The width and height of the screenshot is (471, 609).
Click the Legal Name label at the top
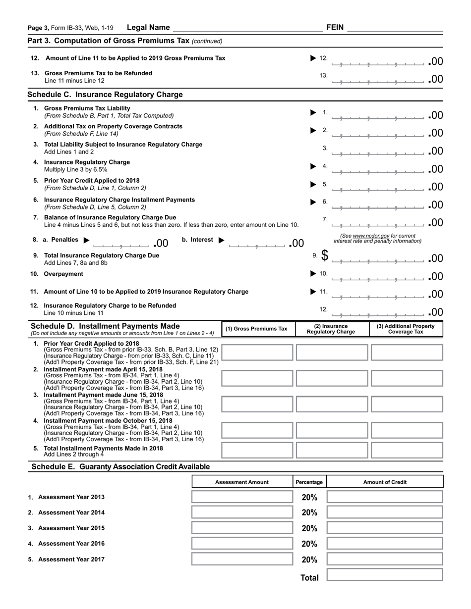(148, 28)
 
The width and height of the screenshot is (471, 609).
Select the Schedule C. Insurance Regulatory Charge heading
(105, 95)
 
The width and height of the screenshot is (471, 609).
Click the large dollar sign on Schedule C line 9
(325, 255)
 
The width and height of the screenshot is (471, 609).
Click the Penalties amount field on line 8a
(121, 243)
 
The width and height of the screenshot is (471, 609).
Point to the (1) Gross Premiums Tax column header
(256, 329)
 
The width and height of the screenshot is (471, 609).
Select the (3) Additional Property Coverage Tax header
(406, 329)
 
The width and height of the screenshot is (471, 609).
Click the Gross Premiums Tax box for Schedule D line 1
(257, 353)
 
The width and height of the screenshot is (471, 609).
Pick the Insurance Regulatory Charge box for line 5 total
(332, 450)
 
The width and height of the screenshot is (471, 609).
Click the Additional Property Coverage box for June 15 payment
(407, 404)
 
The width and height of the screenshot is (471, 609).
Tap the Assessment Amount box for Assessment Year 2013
(242, 497)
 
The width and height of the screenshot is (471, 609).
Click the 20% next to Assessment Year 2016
(309, 544)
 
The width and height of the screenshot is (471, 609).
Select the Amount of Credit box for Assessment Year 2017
(384, 559)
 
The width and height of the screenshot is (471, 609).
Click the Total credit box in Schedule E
(384, 575)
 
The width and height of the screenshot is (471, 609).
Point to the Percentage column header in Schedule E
(309, 482)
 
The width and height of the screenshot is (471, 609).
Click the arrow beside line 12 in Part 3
(313, 58)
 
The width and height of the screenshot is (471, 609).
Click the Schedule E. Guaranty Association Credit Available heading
(120, 467)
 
